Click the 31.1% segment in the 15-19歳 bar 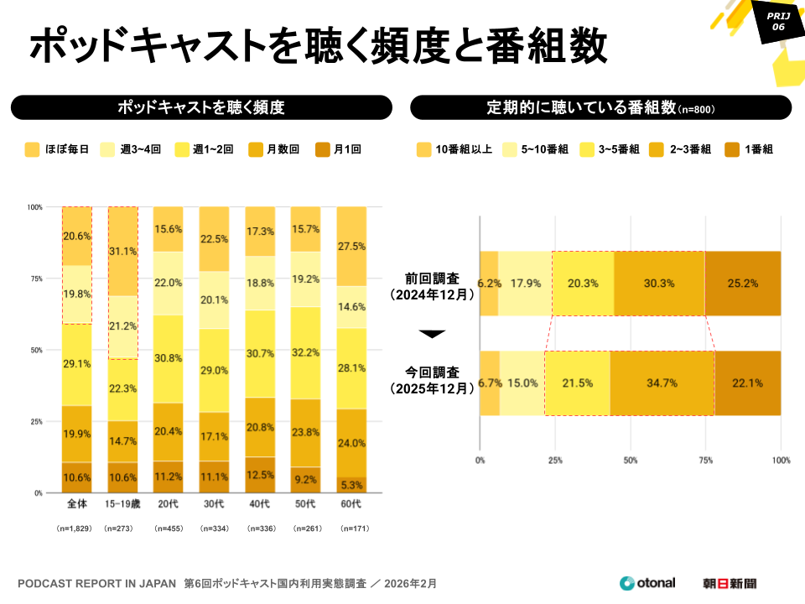pos(122,251)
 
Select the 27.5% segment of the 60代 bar pos(351,246)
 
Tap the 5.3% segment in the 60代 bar pos(351,485)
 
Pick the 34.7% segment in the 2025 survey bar pos(662,383)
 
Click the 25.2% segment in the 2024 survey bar pos(742,284)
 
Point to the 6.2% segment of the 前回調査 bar pos(489,284)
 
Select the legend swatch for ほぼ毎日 pos(33,150)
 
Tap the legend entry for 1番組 pos(749,149)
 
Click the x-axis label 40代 pos(259,505)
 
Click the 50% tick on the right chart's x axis pos(631,460)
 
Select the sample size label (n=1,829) pos(77,529)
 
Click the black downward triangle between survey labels pos(432,334)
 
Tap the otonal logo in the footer pos(647,583)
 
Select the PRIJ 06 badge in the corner pos(777,22)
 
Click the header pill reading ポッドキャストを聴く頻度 pos(201,107)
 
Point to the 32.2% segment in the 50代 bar pos(305,353)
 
